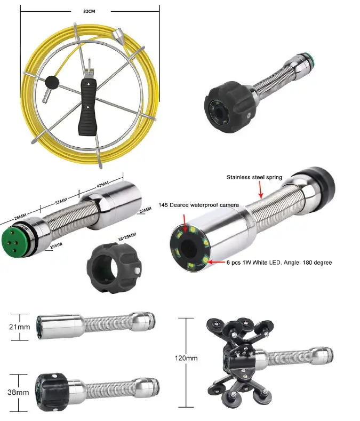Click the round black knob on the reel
pyautogui.click(x=52, y=82)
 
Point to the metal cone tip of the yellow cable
pyautogui.click(x=118, y=37)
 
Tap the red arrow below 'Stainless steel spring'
pyautogui.click(x=260, y=189)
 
